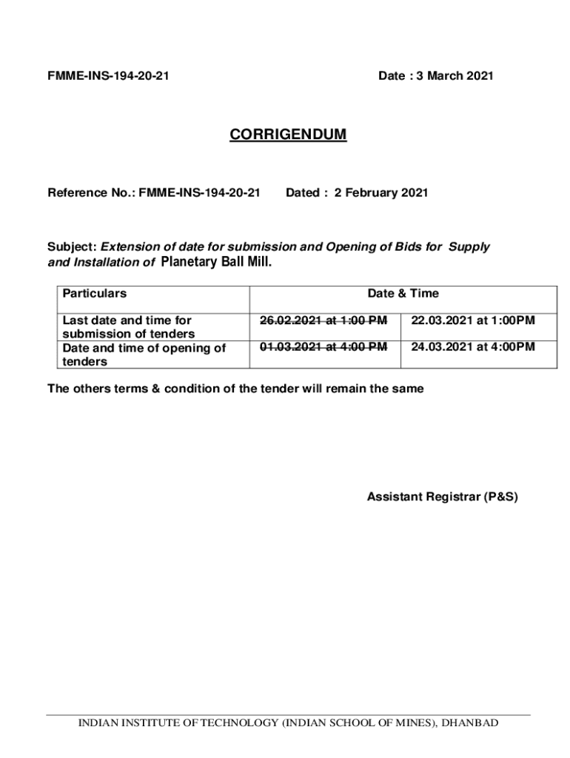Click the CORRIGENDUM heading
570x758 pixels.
pos(287,135)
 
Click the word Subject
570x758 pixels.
pos(72,246)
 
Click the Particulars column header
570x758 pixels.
pos(94,294)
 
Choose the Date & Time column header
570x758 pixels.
pos(403,294)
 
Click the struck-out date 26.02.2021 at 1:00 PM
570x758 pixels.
pos(323,321)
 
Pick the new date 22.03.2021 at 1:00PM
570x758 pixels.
pos(473,321)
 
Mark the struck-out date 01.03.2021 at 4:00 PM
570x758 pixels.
pos(323,346)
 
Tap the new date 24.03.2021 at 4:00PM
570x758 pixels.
pos(473,346)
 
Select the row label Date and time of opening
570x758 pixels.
pos(144,354)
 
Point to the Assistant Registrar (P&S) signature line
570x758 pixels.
pos(443,497)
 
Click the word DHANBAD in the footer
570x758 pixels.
pos(470,723)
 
